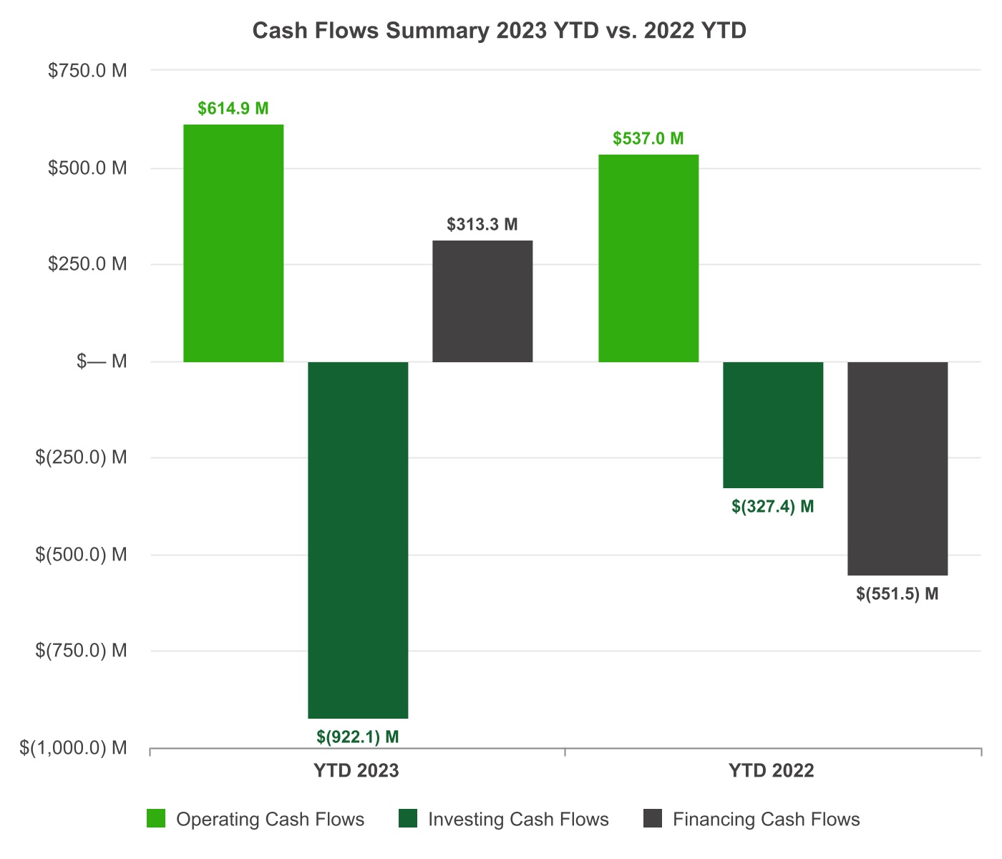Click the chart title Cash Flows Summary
point(500,31)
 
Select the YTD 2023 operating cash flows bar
point(233,243)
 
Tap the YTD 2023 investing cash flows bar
point(358,540)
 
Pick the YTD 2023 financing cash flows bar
point(482,301)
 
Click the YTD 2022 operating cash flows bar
point(648,258)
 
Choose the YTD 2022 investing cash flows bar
point(773,425)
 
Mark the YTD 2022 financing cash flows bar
point(898,469)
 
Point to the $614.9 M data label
point(233,109)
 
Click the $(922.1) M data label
point(358,736)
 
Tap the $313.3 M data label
point(482,225)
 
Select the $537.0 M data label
point(648,138)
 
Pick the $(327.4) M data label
point(773,507)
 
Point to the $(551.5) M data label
point(898,594)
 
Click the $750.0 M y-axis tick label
point(87,71)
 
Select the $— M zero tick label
point(102,361)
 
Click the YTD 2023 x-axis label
point(356,771)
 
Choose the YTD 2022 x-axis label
point(772,771)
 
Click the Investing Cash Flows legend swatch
point(408,819)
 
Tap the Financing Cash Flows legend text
point(766,820)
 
